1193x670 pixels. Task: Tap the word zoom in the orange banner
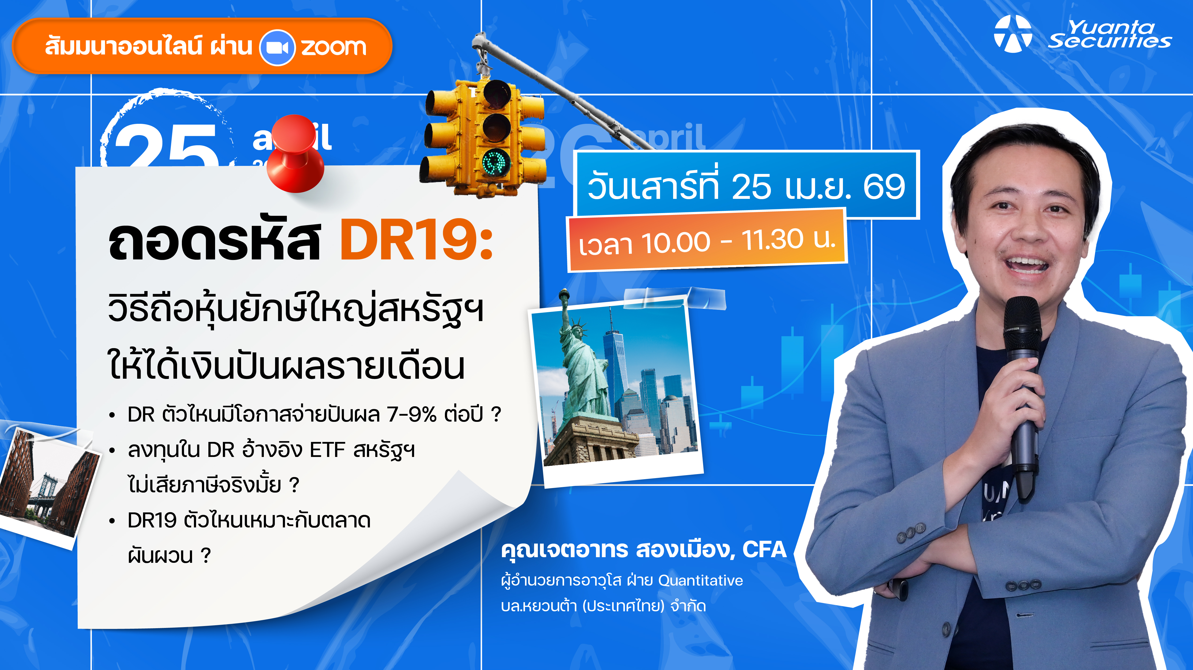[333, 47]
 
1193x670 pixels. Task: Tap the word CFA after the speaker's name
[764, 549]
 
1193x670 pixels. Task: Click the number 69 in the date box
[884, 187]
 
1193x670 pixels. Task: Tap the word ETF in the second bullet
[327, 449]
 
